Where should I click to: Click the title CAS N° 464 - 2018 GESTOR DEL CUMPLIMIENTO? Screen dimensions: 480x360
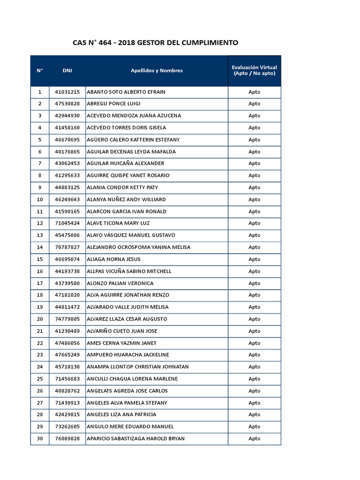pos(155,43)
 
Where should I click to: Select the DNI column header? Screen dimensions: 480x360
pos(67,71)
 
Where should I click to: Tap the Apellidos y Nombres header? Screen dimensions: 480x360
pos(157,71)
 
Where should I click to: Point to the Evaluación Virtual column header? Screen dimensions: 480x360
pos(255,70)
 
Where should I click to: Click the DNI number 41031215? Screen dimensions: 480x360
pos(67,92)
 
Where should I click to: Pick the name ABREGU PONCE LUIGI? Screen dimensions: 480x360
pos(114,104)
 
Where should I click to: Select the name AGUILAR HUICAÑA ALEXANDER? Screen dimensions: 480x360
pos(126,164)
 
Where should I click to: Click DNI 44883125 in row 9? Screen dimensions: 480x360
pos(67,187)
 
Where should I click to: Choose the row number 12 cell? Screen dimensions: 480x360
pos(40,224)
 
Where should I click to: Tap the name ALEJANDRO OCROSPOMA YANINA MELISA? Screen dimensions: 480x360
pos(139,247)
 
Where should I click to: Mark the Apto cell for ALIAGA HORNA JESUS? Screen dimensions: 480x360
pos(255,259)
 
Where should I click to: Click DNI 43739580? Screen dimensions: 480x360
pos(67,283)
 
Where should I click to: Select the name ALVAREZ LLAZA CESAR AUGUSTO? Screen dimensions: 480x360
pos(127,319)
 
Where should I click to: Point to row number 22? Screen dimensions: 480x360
pos(40,343)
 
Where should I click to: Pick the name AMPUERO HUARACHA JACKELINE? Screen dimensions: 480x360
pos(128,355)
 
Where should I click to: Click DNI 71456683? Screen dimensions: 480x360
pos(67,379)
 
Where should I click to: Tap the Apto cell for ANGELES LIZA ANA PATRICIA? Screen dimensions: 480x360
pos(255,415)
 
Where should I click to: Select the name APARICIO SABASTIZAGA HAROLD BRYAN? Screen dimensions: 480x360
pos(136,439)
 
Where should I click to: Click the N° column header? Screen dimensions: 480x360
pos(40,71)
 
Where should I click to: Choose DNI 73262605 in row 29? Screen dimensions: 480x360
pos(67,427)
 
